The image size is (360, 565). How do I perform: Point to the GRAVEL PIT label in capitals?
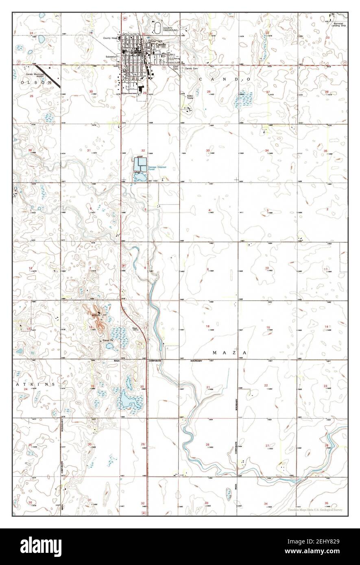point(99,315)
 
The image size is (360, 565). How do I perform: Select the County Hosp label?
point(110,38)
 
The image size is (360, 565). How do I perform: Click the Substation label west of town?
point(111,56)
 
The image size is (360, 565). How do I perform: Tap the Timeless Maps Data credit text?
point(314,510)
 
